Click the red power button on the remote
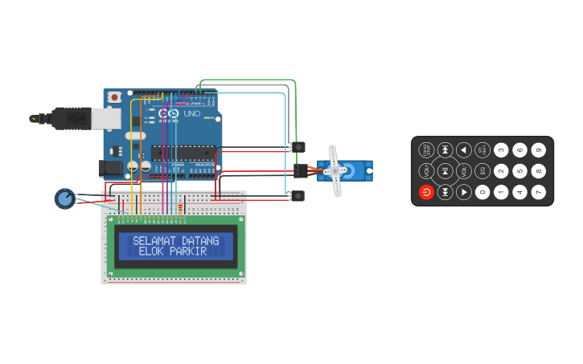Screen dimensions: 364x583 pos(426,192)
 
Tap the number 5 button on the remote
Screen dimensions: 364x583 pos(520,170)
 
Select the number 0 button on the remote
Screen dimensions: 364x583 pos(482,192)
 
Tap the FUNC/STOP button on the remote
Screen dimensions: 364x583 pos(426,149)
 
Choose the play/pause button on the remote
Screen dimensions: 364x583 pos(445,170)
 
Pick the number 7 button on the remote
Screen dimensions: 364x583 pos(539,192)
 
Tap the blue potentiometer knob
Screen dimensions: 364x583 pos(64,198)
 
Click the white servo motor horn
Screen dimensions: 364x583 pos(335,170)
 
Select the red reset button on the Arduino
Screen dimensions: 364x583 pos(115,97)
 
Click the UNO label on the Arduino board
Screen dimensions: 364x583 pos(192,114)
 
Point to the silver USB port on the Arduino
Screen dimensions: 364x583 pos(105,118)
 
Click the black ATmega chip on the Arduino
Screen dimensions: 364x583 pos(183,153)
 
